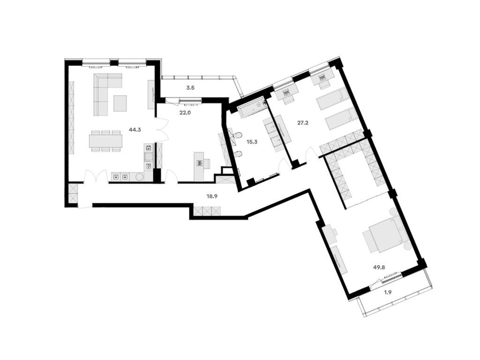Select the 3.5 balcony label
click(190, 87)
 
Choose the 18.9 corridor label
click(212, 196)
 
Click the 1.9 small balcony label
click(388, 292)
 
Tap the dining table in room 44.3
click(106, 141)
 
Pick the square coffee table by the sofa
click(120, 103)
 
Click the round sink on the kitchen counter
click(140, 177)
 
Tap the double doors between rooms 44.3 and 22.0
click(162, 130)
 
